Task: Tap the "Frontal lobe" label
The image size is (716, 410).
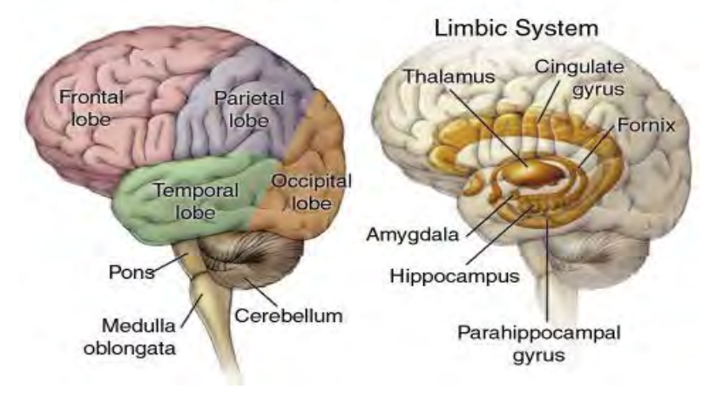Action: point(90,109)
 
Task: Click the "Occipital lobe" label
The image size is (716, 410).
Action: point(311,192)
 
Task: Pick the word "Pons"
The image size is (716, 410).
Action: point(132,272)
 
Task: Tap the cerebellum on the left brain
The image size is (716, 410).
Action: point(253,261)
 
